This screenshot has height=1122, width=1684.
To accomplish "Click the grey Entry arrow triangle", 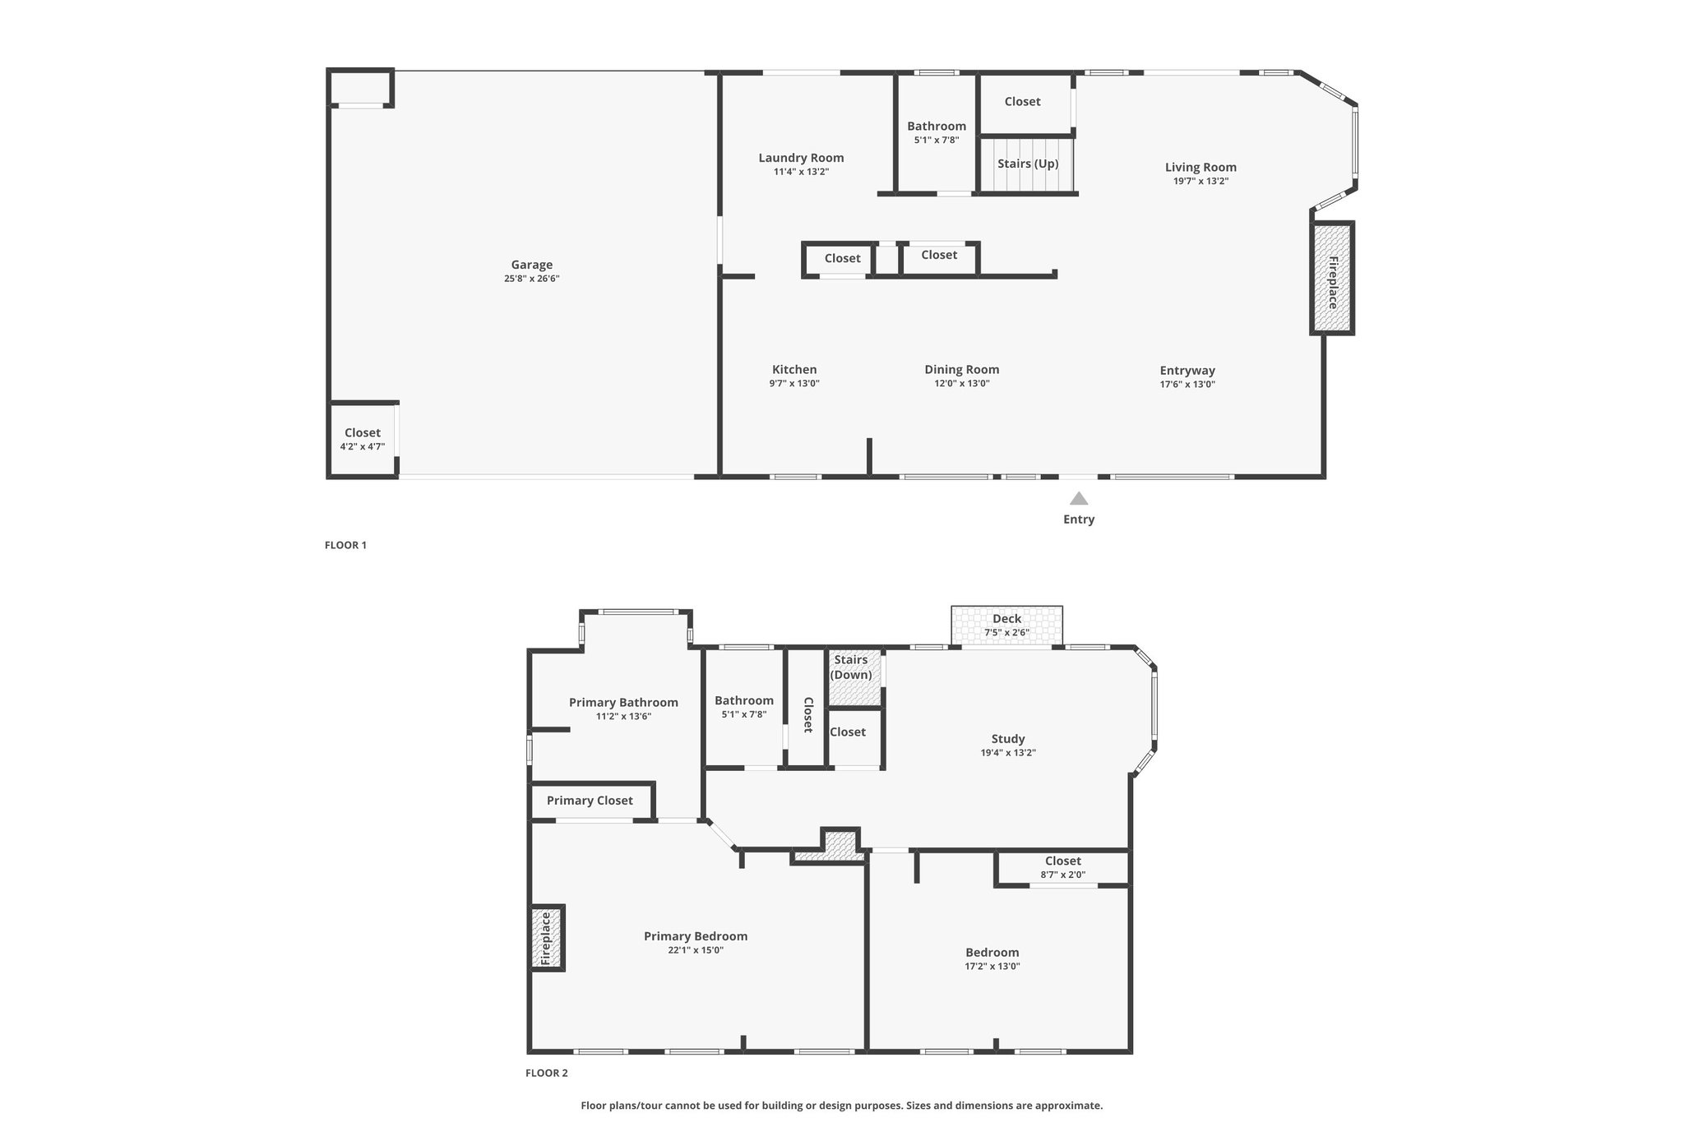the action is [x=1079, y=498].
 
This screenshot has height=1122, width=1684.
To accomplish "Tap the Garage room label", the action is [x=532, y=265].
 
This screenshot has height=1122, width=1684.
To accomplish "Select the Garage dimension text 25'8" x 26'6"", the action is [x=532, y=279].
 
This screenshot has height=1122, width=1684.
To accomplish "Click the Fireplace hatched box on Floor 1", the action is [x=1332, y=278].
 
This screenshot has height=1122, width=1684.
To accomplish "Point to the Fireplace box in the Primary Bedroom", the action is [x=547, y=938].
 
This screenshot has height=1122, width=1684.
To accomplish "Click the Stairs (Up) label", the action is [x=1028, y=164].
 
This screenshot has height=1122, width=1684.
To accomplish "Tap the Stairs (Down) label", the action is [x=851, y=667].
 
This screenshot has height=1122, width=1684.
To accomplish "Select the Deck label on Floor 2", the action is [x=1006, y=619].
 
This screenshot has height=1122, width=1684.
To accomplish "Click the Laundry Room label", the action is [x=801, y=158].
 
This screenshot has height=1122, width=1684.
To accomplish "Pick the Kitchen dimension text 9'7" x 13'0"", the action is [x=794, y=384].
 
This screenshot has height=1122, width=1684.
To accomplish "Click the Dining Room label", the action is [x=962, y=370].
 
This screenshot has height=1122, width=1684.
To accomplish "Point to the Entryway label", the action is [x=1187, y=371].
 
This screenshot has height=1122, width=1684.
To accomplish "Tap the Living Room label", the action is [x=1201, y=168].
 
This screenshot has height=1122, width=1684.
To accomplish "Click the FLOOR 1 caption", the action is [x=345, y=545].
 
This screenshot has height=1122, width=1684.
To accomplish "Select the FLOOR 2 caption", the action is [x=547, y=1073].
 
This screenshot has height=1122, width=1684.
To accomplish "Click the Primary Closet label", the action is [x=590, y=801].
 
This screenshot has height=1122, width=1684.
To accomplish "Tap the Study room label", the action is [x=1008, y=739].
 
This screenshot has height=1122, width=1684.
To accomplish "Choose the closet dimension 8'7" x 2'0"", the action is [x=1063, y=875].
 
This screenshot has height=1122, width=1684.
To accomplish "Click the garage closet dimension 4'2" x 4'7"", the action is [x=363, y=446].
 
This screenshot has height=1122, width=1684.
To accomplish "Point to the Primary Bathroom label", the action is [x=623, y=703].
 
